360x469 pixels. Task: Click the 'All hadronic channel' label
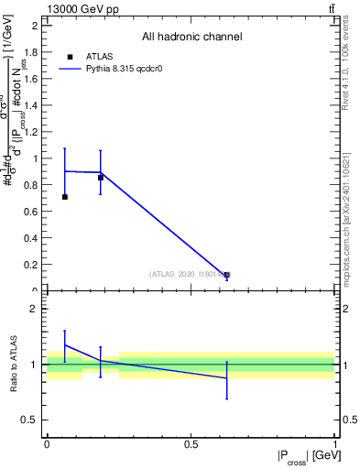[x=191, y=38]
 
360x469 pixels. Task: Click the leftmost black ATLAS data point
[x=64, y=197]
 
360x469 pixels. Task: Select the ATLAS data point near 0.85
[x=101, y=178]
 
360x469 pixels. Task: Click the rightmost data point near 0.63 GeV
[x=227, y=275]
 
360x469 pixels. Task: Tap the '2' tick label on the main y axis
[x=35, y=25]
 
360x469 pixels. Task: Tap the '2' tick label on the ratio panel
[x=35, y=310]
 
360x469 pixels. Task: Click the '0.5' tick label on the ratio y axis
[x=30, y=420]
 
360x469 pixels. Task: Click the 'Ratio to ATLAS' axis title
[x=14, y=365]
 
